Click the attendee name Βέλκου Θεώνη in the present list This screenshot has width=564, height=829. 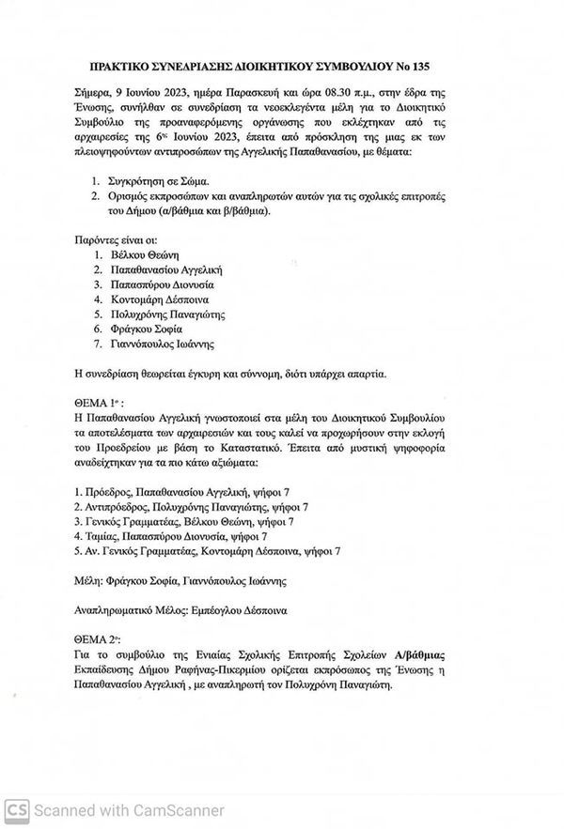(x=138, y=254)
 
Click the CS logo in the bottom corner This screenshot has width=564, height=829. (x=15, y=809)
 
